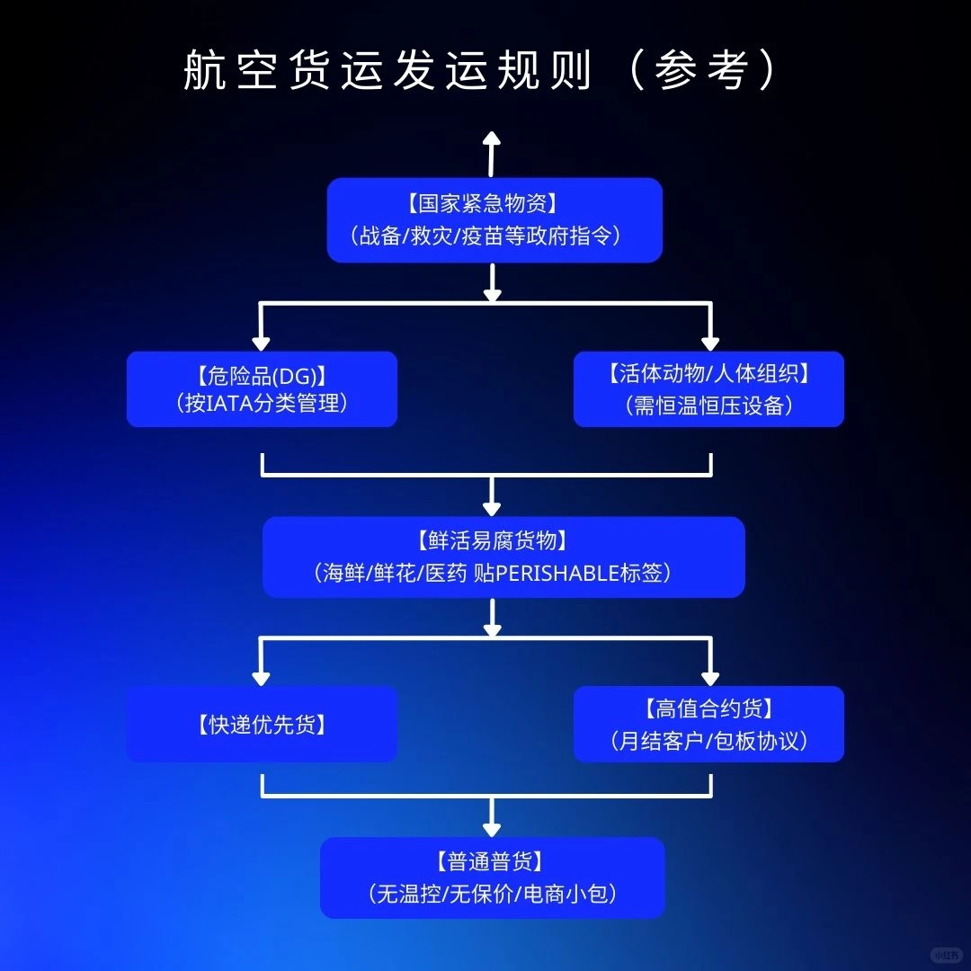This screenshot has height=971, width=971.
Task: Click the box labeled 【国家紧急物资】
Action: (494, 219)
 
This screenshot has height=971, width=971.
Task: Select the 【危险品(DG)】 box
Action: (262, 388)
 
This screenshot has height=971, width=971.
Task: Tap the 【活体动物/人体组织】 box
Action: (708, 388)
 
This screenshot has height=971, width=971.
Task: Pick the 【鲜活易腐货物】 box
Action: (503, 557)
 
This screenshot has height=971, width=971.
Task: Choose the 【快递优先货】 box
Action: (262, 724)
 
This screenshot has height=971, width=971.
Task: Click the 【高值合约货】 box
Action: (708, 724)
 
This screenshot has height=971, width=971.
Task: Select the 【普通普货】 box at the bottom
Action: (492, 877)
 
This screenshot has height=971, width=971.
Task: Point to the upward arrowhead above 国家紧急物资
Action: (491, 138)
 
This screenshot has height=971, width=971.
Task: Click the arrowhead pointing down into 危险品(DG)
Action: (261, 342)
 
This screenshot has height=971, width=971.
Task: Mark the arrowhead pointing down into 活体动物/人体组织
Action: (709, 342)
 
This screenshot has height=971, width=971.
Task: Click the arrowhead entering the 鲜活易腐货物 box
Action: (491, 509)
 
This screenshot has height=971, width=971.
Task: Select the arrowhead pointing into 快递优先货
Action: (261, 676)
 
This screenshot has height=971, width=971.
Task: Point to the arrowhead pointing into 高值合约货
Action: (709, 676)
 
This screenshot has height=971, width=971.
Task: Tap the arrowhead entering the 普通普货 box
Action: (491, 828)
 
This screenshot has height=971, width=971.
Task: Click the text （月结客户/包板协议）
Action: (708, 741)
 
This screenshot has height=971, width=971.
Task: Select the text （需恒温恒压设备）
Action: (708, 405)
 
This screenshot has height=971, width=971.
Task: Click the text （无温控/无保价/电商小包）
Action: (492, 894)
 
